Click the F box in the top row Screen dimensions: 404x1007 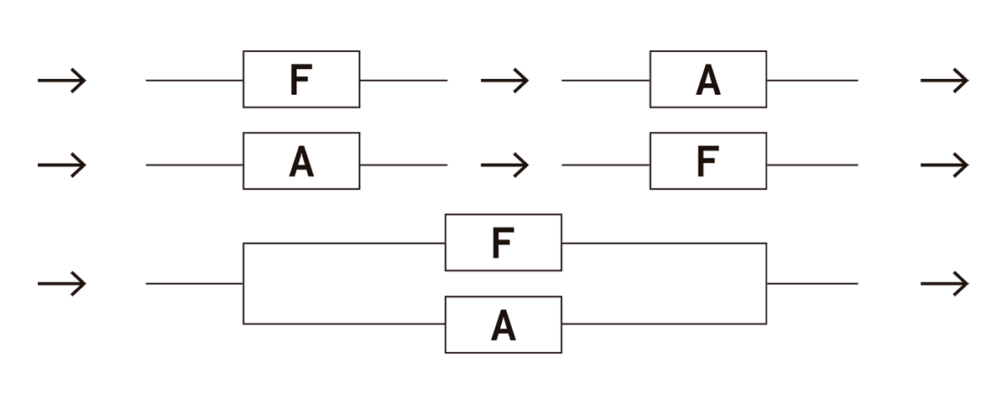[301, 79]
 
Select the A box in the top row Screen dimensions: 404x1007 [707, 79]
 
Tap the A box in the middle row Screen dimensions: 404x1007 [301, 160]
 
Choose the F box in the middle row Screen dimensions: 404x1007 [707, 160]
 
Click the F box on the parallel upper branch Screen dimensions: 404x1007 [503, 243]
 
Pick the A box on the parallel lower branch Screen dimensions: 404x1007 [503, 324]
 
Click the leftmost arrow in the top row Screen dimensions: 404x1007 [62, 81]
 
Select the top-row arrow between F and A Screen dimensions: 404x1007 [504, 81]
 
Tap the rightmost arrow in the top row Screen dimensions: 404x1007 [944, 81]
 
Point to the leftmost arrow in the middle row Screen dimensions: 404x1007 [62, 165]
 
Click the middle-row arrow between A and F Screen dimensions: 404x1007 [504, 165]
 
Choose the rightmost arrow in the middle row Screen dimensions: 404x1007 [944, 165]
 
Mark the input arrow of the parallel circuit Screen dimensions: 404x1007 [62, 284]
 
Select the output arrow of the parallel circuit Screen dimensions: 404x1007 [944, 284]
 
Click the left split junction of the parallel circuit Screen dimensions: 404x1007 [243, 284]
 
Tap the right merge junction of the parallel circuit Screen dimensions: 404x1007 [766, 284]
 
